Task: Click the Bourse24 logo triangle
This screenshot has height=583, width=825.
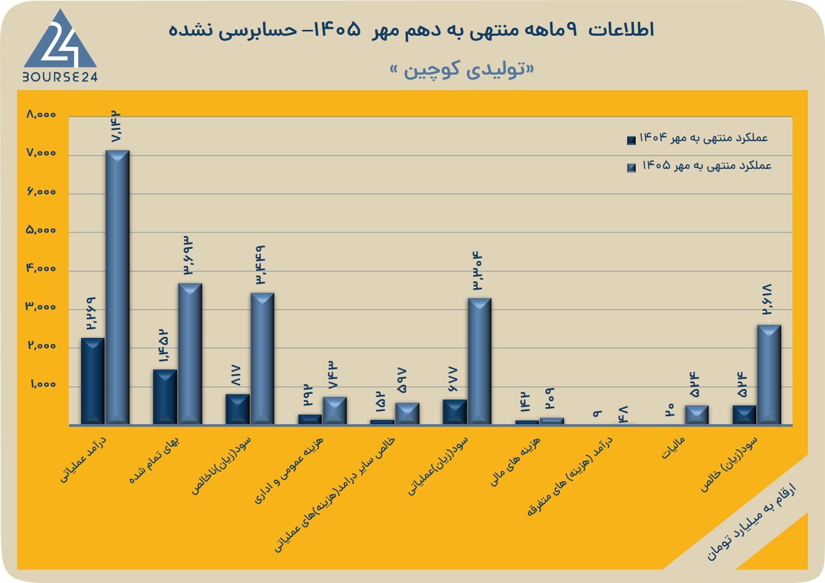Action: click(60, 40)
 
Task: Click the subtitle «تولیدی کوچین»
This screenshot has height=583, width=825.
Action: click(462, 69)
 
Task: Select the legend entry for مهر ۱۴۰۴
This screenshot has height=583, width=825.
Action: click(697, 139)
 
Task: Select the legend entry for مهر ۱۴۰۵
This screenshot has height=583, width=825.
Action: click(699, 166)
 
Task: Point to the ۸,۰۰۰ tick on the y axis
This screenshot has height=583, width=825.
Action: click(41, 115)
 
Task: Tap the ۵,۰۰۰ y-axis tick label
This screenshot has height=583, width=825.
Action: click(41, 230)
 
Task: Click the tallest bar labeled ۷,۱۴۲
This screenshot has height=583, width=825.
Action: click(117, 287)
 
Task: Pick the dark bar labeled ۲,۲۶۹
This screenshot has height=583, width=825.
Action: click(92, 382)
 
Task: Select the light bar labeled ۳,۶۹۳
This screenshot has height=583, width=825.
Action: click(190, 354)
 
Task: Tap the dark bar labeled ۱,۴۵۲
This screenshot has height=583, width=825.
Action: click(165, 397)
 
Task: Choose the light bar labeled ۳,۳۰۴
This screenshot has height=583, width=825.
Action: click(479, 361)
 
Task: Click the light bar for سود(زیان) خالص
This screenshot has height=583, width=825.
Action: click(769, 375)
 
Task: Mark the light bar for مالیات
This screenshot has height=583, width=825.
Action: click(697, 415)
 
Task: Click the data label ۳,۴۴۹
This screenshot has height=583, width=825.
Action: click(261, 265)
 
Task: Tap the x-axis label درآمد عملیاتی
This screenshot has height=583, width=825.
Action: click(83, 459)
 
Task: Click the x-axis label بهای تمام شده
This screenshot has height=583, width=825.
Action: click(155, 460)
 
